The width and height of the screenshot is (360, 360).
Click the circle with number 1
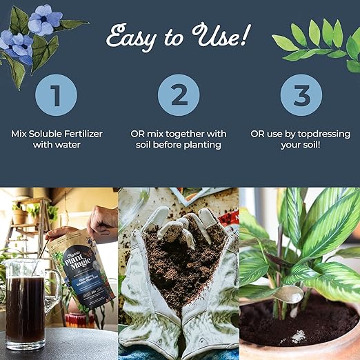(56, 94)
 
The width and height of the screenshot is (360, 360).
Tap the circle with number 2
(179, 94)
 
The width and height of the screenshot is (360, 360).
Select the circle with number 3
(303, 94)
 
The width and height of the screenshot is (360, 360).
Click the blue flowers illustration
(31, 31)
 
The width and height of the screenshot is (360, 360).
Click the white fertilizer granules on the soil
(299, 337)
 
